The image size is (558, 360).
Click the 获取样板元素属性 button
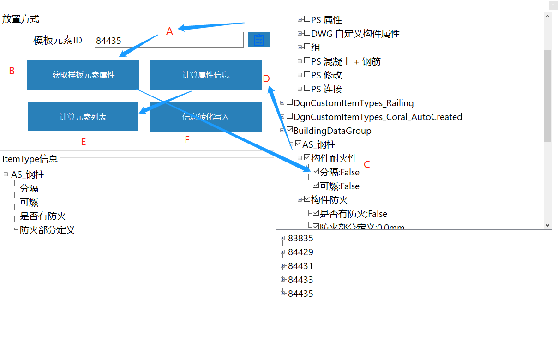(x=83, y=75)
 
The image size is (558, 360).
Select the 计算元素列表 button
(x=83, y=117)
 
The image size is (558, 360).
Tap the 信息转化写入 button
(x=205, y=117)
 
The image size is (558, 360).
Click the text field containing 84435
(x=168, y=40)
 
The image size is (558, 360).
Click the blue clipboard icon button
(x=259, y=40)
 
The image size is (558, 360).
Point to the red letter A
(x=169, y=31)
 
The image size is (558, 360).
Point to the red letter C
(x=367, y=164)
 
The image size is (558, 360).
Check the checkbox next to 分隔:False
(x=316, y=172)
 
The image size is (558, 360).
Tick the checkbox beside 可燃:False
(x=316, y=186)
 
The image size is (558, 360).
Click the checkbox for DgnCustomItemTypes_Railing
(x=289, y=102)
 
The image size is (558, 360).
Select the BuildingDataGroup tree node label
(x=332, y=131)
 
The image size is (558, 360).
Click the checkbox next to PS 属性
(x=307, y=19)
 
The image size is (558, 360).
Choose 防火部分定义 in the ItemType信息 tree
(x=47, y=230)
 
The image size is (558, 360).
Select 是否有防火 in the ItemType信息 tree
(x=43, y=216)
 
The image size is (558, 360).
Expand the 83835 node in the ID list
(x=283, y=238)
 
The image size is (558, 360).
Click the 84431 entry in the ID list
(x=300, y=266)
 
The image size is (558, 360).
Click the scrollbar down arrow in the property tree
(x=548, y=225)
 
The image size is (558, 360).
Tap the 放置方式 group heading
(x=21, y=19)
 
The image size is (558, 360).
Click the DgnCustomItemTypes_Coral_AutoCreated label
(x=378, y=117)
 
